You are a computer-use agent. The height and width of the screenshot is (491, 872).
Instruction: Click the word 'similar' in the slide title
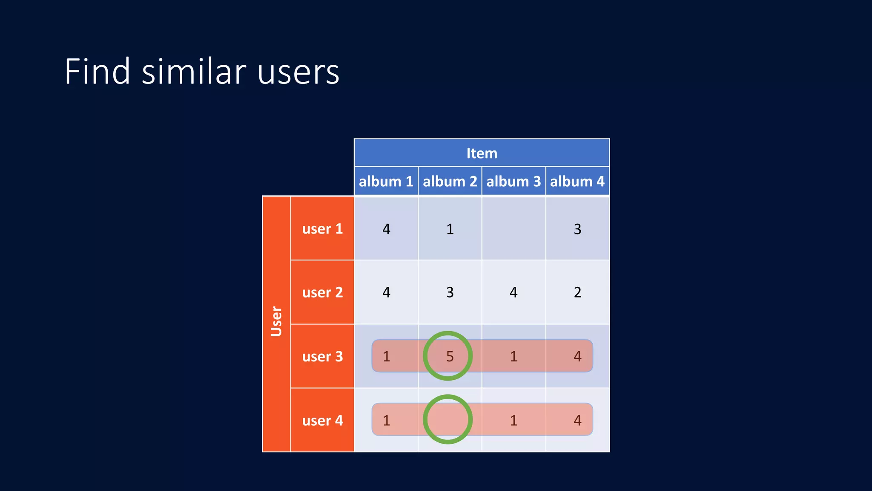[x=194, y=72]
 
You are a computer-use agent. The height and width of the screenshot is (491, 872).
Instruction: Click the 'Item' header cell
[x=482, y=153]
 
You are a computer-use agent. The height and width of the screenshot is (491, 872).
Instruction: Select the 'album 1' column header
[x=386, y=182]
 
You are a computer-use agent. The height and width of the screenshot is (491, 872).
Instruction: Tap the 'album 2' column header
[x=450, y=182]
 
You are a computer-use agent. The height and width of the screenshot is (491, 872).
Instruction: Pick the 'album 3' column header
[x=513, y=182]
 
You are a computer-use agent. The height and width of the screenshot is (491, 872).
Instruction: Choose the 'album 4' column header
[x=577, y=182]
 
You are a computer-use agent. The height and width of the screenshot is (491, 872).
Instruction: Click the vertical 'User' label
[x=276, y=322]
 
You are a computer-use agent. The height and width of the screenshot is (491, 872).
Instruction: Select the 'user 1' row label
[x=322, y=229]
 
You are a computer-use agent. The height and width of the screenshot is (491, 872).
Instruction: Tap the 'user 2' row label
[x=322, y=292]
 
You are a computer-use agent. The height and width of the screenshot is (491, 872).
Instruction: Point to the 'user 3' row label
[x=322, y=356]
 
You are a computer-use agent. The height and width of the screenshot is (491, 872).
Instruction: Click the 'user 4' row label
[x=322, y=421]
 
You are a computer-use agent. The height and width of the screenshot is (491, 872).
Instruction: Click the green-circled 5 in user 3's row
[x=449, y=356]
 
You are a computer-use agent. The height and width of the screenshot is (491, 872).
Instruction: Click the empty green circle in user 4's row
[x=447, y=419]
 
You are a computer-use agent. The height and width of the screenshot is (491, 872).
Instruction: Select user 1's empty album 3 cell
[x=513, y=229]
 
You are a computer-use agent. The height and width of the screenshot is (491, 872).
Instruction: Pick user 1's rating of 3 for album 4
[x=577, y=229]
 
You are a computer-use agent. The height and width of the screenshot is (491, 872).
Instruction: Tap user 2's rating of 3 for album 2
[x=450, y=292]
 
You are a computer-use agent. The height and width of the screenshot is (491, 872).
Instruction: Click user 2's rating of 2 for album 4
[x=577, y=292]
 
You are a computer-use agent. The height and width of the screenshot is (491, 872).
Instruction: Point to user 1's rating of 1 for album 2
[x=450, y=229]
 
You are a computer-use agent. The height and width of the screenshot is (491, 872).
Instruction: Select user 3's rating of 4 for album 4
[x=577, y=356]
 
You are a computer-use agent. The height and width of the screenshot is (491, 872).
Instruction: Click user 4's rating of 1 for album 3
[x=513, y=421]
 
